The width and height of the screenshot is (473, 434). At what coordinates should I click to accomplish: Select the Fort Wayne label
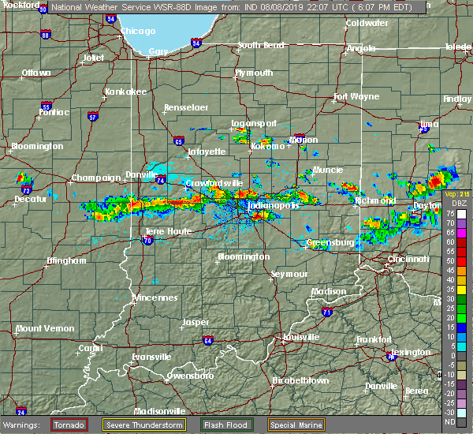pos(351,97)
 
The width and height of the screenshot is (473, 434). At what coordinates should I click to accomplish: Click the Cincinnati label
pos(409,259)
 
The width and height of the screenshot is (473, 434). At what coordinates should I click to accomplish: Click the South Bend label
pos(260,45)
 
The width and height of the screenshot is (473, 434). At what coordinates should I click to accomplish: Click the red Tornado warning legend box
pos(69,425)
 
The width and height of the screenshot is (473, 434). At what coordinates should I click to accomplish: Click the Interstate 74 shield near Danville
pos(160,180)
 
